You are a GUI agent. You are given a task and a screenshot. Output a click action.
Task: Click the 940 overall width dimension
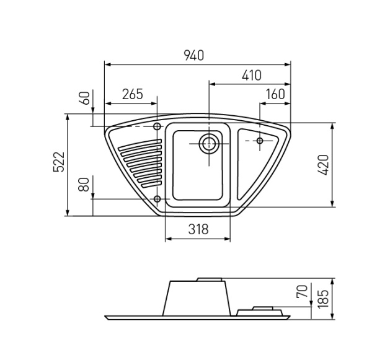pos(193,55)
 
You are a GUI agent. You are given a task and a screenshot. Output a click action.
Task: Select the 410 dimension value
pos(251,76)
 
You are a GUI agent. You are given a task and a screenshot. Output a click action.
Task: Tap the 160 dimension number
pos(275,94)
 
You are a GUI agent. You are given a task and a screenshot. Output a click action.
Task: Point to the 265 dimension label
pos(132,94)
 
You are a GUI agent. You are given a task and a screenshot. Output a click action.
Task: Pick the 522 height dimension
pos(60,165)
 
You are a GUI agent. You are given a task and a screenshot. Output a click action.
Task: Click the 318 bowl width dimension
pos(197,229)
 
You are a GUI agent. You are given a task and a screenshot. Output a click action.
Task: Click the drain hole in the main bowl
pos(208,144)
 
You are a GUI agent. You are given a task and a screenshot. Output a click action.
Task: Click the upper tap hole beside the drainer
pos(157,127)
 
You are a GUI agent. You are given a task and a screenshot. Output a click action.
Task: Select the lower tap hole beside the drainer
pos(157,199)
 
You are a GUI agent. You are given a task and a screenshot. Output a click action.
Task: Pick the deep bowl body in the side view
pos(197,299)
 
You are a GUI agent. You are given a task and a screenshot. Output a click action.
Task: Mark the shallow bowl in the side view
pos(260,310)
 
